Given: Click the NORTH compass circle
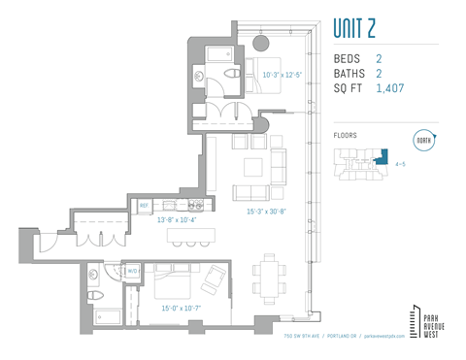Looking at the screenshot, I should click(424, 140).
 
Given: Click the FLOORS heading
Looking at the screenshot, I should click(345, 136).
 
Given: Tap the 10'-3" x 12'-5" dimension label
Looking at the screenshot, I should click(283, 74).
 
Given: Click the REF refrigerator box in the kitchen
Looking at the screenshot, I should click(144, 206).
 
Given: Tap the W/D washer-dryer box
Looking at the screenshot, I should click(134, 272).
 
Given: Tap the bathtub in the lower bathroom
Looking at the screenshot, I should click(104, 316).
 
